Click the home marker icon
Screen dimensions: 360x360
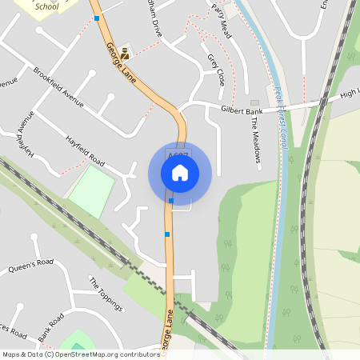coord(179,173)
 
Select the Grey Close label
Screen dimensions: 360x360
coord(216,70)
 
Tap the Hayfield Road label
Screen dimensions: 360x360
coord(86,150)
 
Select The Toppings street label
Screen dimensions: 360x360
coord(106,294)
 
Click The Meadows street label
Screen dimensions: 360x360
coord(256,135)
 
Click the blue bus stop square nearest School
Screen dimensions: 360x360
coord(97,18)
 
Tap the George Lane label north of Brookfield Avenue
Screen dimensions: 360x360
coord(118,60)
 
